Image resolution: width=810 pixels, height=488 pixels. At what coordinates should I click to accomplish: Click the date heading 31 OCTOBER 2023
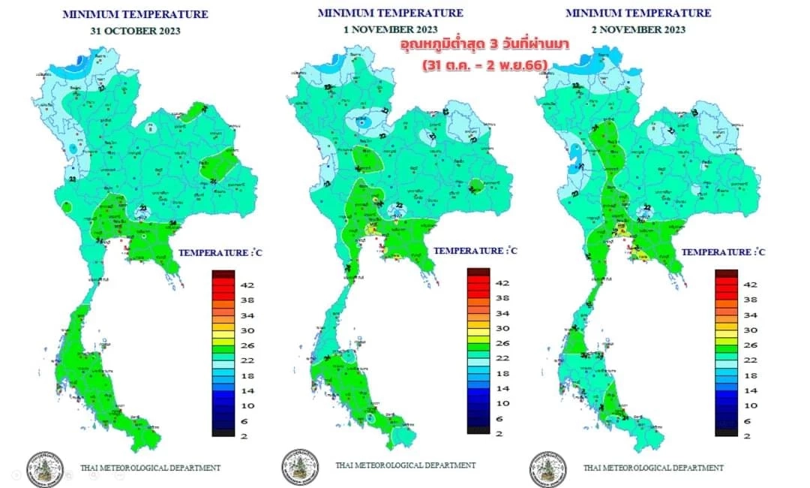click(135, 31)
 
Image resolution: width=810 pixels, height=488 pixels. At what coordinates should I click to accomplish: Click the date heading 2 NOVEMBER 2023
click(637, 29)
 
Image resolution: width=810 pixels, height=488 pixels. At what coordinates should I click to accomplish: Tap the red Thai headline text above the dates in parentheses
click(484, 46)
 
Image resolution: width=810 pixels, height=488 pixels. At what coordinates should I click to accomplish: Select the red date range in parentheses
click(484, 65)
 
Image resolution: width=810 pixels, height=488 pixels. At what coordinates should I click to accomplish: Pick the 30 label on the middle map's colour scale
click(503, 328)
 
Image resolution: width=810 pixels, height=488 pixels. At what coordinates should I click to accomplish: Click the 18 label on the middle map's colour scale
click(503, 373)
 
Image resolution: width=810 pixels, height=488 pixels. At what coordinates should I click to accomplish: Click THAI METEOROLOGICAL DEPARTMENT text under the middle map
click(405, 465)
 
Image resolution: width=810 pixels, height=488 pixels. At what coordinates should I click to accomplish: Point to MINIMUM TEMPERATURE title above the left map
click(135, 14)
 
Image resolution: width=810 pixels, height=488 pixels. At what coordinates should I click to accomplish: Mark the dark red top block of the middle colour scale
click(478, 272)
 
